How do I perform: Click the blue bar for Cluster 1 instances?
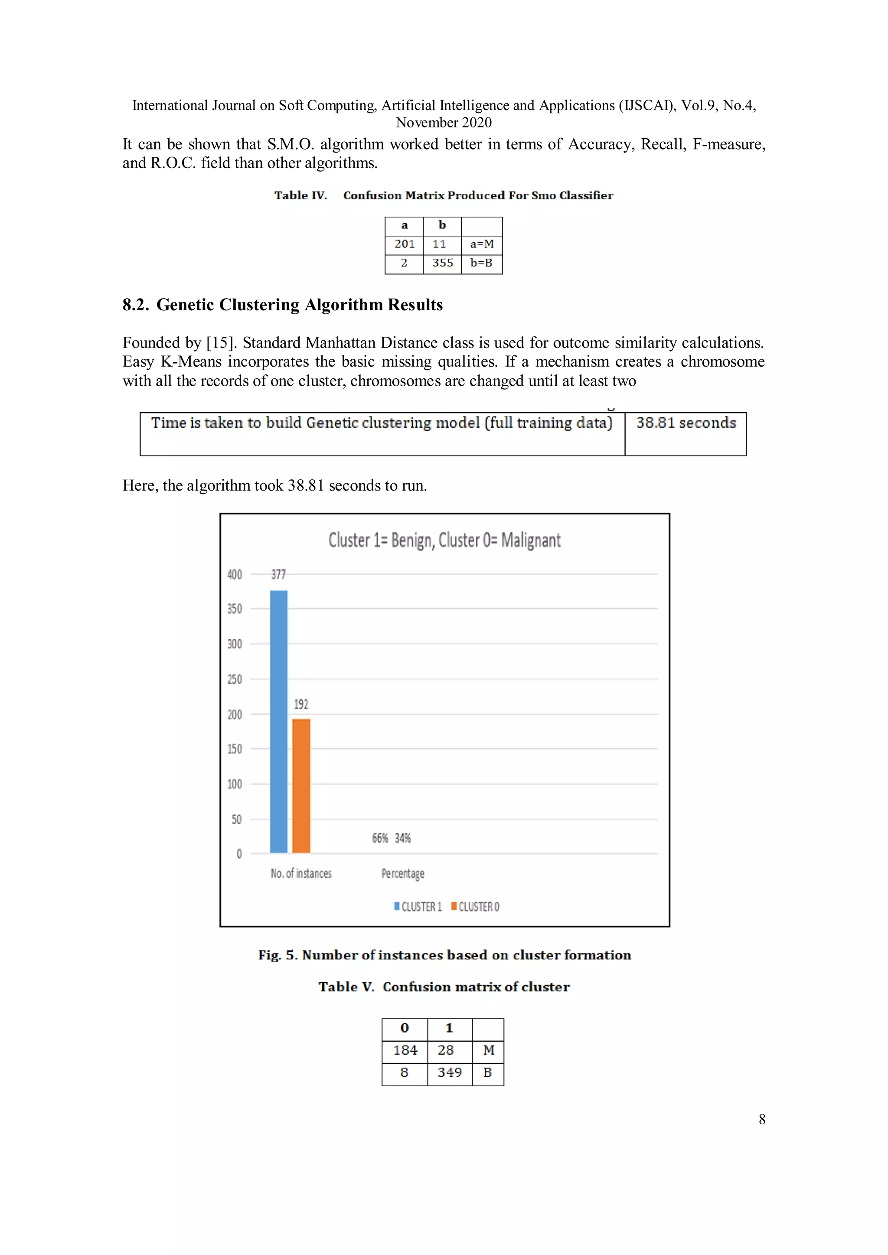pos(278,722)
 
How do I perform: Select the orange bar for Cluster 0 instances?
pos(301,786)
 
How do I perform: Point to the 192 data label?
pos(301,704)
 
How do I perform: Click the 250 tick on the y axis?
pos(235,680)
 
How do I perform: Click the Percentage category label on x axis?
pos(402,874)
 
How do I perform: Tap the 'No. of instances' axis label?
pos(301,874)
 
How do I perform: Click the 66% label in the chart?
pos(380,839)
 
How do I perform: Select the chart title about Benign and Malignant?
pos(444,540)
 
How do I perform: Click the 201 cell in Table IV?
pos(404,244)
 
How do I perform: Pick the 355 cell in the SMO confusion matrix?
pos(442,263)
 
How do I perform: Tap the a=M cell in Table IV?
pos(482,244)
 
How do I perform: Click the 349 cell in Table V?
pos(450,1073)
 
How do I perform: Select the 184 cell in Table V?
pos(405,1050)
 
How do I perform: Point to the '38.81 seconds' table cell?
pos(686,423)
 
